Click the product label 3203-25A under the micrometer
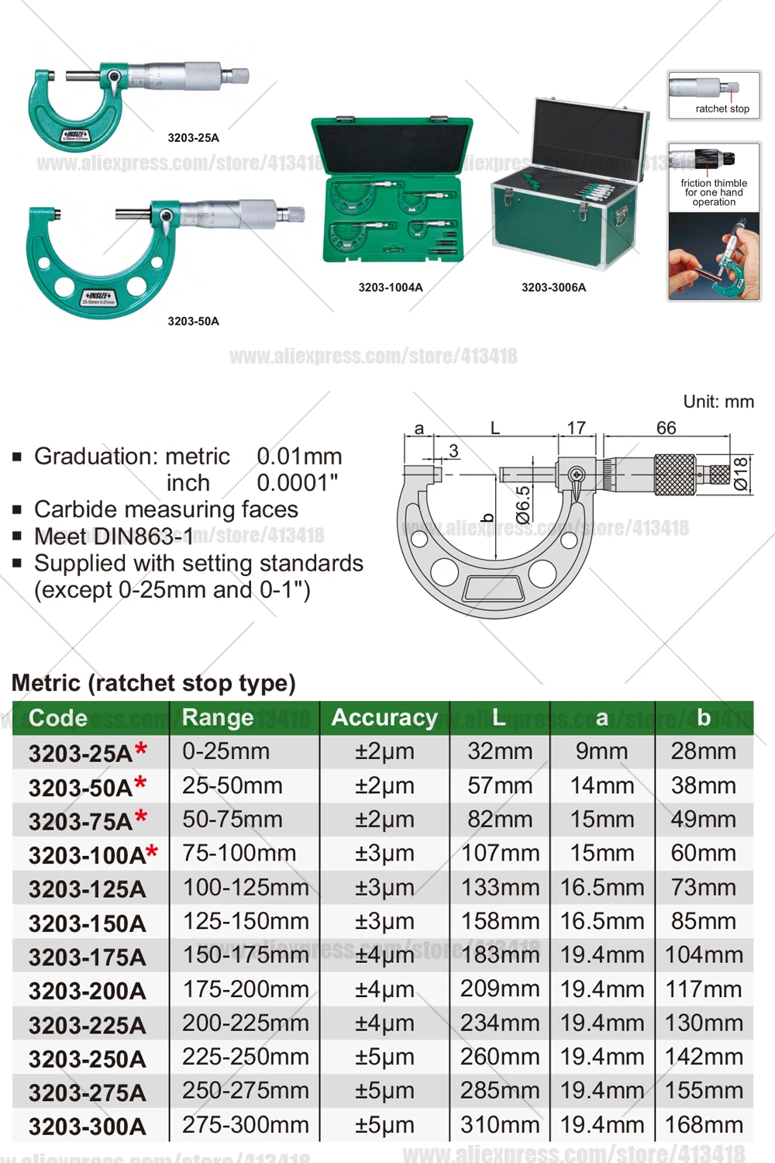[193, 138]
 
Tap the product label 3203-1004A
[391, 288]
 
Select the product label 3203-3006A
[553, 288]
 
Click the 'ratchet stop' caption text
[722, 109]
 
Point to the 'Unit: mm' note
[718, 402]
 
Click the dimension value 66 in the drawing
[666, 428]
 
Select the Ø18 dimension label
[741, 474]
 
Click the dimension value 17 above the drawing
[576, 428]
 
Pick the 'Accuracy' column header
[384, 718]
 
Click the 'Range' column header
[218, 718]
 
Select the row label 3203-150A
[88, 923]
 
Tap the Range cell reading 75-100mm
[239, 854]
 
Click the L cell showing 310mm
[500, 1125]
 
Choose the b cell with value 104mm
[704, 955]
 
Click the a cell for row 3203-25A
[601, 751]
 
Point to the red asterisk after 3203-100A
[152, 852]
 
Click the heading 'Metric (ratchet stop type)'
[153, 683]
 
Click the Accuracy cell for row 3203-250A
[384, 1058]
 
